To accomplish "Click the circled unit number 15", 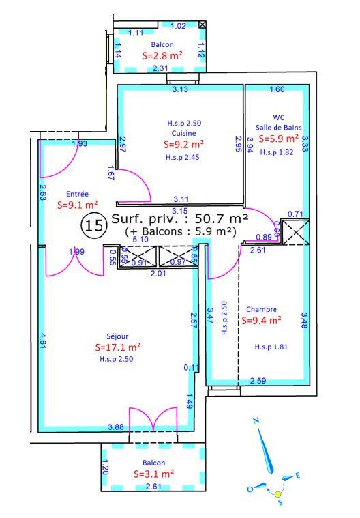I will [94, 225].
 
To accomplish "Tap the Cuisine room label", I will [181, 133].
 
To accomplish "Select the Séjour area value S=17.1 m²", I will [118, 347].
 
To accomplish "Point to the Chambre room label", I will [262, 308].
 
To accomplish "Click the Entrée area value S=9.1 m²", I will [77, 203].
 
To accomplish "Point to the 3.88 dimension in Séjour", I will [116, 427].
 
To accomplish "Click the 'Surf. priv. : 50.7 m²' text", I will [179, 219].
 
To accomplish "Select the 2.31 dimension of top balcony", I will [160, 68].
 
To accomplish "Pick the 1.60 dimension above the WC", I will [277, 89].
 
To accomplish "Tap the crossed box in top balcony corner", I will [202, 25].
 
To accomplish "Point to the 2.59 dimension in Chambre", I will [258, 381].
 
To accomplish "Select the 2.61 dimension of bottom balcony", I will [154, 486].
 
